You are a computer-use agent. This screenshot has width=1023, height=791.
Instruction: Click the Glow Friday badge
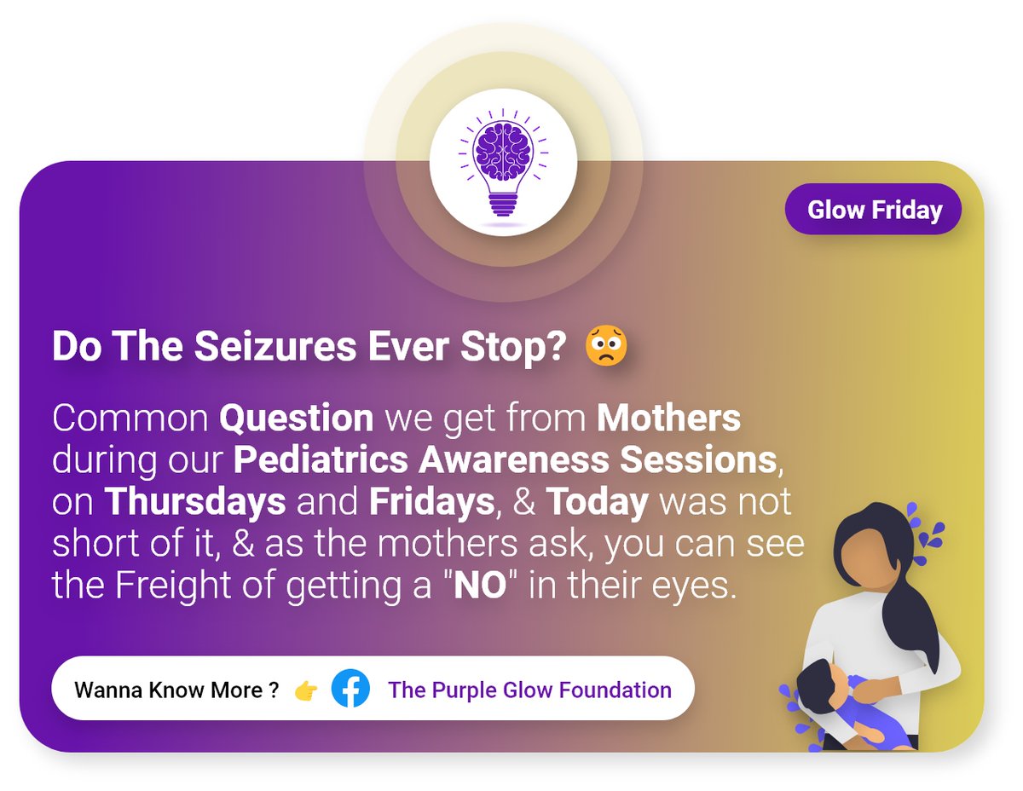pyautogui.click(x=874, y=210)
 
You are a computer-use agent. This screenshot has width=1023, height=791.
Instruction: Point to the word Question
pyautogui.click(x=296, y=419)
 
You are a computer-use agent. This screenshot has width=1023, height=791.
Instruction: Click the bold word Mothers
pyautogui.click(x=668, y=419)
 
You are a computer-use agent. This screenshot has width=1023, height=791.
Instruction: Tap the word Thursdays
pyautogui.click(x=194, y=502)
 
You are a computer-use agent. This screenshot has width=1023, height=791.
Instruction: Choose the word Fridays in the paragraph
pyautogui.click(x=432, y=502)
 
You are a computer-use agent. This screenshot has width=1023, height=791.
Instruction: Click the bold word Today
pyautogui.click(x=597, y=502)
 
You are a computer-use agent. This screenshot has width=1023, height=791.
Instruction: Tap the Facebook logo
pyautogui.click(x=350, y=689)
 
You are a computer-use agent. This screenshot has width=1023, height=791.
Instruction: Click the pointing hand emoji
pyautogui.click(x=305, y=690)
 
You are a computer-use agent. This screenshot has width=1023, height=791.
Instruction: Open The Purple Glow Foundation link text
pyautogui.click(x=529, y=690)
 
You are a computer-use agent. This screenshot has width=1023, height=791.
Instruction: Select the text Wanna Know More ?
pyautogui.click(x=176, y=690)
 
